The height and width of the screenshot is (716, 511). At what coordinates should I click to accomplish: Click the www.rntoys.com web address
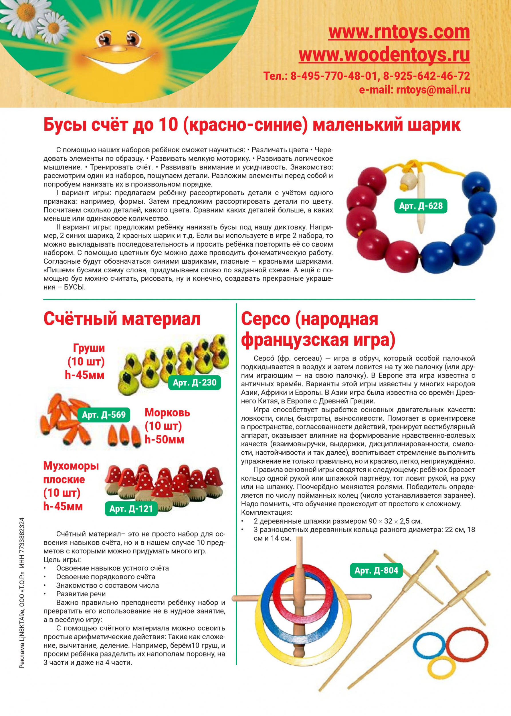click(x=399, y=32)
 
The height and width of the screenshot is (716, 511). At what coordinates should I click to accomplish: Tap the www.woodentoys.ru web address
click(x=384, y=55)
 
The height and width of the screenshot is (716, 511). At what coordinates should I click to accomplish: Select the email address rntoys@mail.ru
click(x=433, y=90)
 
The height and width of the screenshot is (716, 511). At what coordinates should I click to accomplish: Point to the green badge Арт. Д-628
click(x=421, y=206)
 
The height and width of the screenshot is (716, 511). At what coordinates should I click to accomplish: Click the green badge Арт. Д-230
click(x=195, y=383)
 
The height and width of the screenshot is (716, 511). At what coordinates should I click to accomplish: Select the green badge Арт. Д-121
click(x=131, y=509)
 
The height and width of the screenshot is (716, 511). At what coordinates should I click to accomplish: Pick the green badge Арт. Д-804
click(x=376, y=571)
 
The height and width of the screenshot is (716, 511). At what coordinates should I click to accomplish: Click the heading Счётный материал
click(x=122, y=319)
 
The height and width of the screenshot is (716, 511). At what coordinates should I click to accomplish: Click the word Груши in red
click(x=89, y=348)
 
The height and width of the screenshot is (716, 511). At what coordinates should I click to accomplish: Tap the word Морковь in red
click(x=167, y=413)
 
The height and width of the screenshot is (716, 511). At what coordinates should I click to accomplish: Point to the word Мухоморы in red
click(x=71, y=466)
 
